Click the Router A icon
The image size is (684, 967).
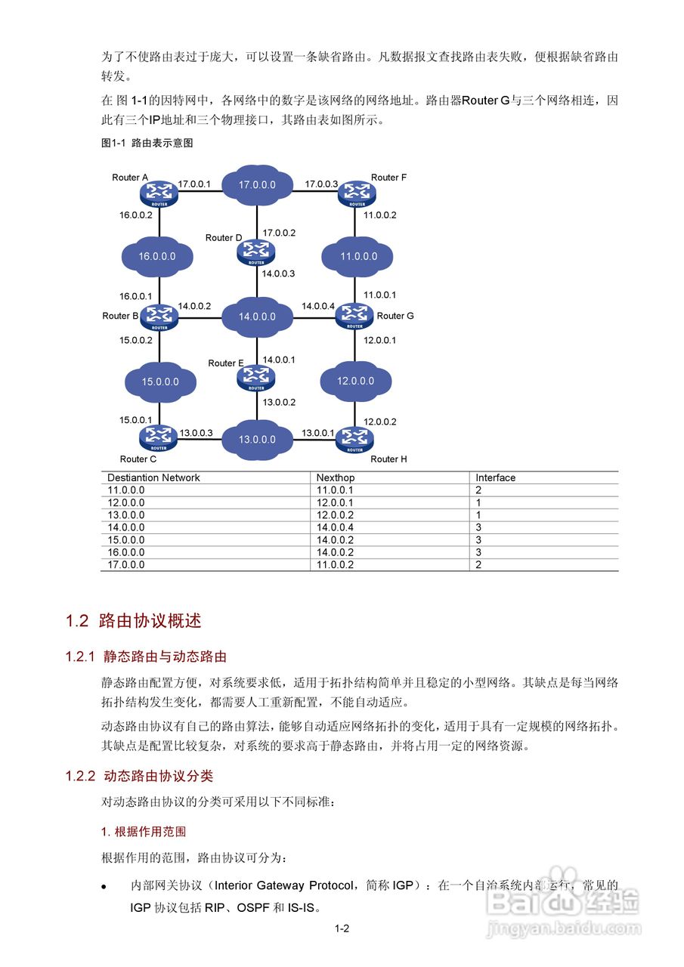[x=159, y=194]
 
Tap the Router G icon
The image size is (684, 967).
[x=354, y=315]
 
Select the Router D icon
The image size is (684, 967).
[x=257, y=252]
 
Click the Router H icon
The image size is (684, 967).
[x=353, y=438]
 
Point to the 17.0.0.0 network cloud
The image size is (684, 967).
[x=257, y=184]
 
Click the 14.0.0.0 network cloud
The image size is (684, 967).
[x=257, y=317]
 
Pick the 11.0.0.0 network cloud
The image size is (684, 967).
[x=358, y=256]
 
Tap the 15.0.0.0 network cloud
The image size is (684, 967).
[x=160, y=382]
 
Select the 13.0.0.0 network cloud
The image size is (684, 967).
[x=257, y=439]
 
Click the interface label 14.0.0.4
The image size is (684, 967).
[x=318, y=306]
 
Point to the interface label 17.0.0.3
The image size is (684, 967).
[x=321, y=184]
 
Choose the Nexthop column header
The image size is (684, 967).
[x=336, y=477]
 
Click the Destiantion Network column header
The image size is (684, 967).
[x=153, y=477]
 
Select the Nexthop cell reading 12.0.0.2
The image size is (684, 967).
[x=335, y=514]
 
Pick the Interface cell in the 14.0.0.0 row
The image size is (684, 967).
[x=478, y=527]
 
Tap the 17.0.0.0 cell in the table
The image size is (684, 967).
[x=125, y=564]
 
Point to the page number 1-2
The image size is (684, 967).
[x=342, y=929]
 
